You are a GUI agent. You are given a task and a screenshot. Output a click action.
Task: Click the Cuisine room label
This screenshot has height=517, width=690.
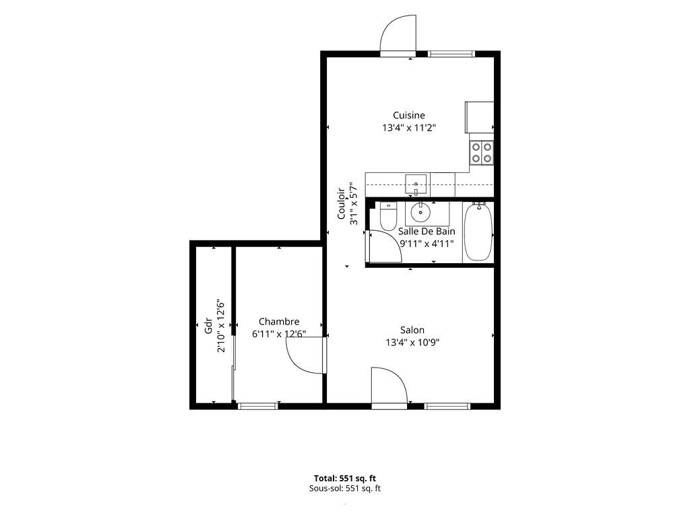[409, 115]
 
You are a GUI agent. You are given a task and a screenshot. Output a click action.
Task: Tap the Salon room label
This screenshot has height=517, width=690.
[412, 330]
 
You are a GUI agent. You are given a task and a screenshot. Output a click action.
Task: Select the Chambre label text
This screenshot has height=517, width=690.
[279, 321]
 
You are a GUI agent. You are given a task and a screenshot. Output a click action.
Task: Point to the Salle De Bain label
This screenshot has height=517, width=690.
[427, 232]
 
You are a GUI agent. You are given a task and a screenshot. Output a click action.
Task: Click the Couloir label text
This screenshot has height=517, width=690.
[341, 203]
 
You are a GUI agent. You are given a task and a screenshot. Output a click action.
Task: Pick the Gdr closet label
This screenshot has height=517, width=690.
[209, 326]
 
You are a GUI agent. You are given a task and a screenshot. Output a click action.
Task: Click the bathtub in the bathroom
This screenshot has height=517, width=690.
[478, 232]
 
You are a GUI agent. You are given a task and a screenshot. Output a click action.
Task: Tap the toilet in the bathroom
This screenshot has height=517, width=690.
[388, 216]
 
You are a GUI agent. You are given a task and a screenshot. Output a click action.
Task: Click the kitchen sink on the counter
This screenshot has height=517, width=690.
[416, 184]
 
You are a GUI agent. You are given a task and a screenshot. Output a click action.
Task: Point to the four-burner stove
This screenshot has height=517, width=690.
[482, 153]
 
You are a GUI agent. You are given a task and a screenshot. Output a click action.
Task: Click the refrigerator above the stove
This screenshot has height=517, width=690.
[479, 117]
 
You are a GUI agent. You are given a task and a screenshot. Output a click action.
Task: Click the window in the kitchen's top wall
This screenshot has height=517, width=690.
[451, 54]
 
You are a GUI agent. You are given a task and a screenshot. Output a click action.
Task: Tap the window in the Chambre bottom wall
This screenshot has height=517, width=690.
[258, 406]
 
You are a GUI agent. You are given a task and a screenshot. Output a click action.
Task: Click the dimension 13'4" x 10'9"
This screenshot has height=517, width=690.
[412, 343]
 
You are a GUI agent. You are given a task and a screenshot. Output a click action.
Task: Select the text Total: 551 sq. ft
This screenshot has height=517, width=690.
[345, 479]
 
